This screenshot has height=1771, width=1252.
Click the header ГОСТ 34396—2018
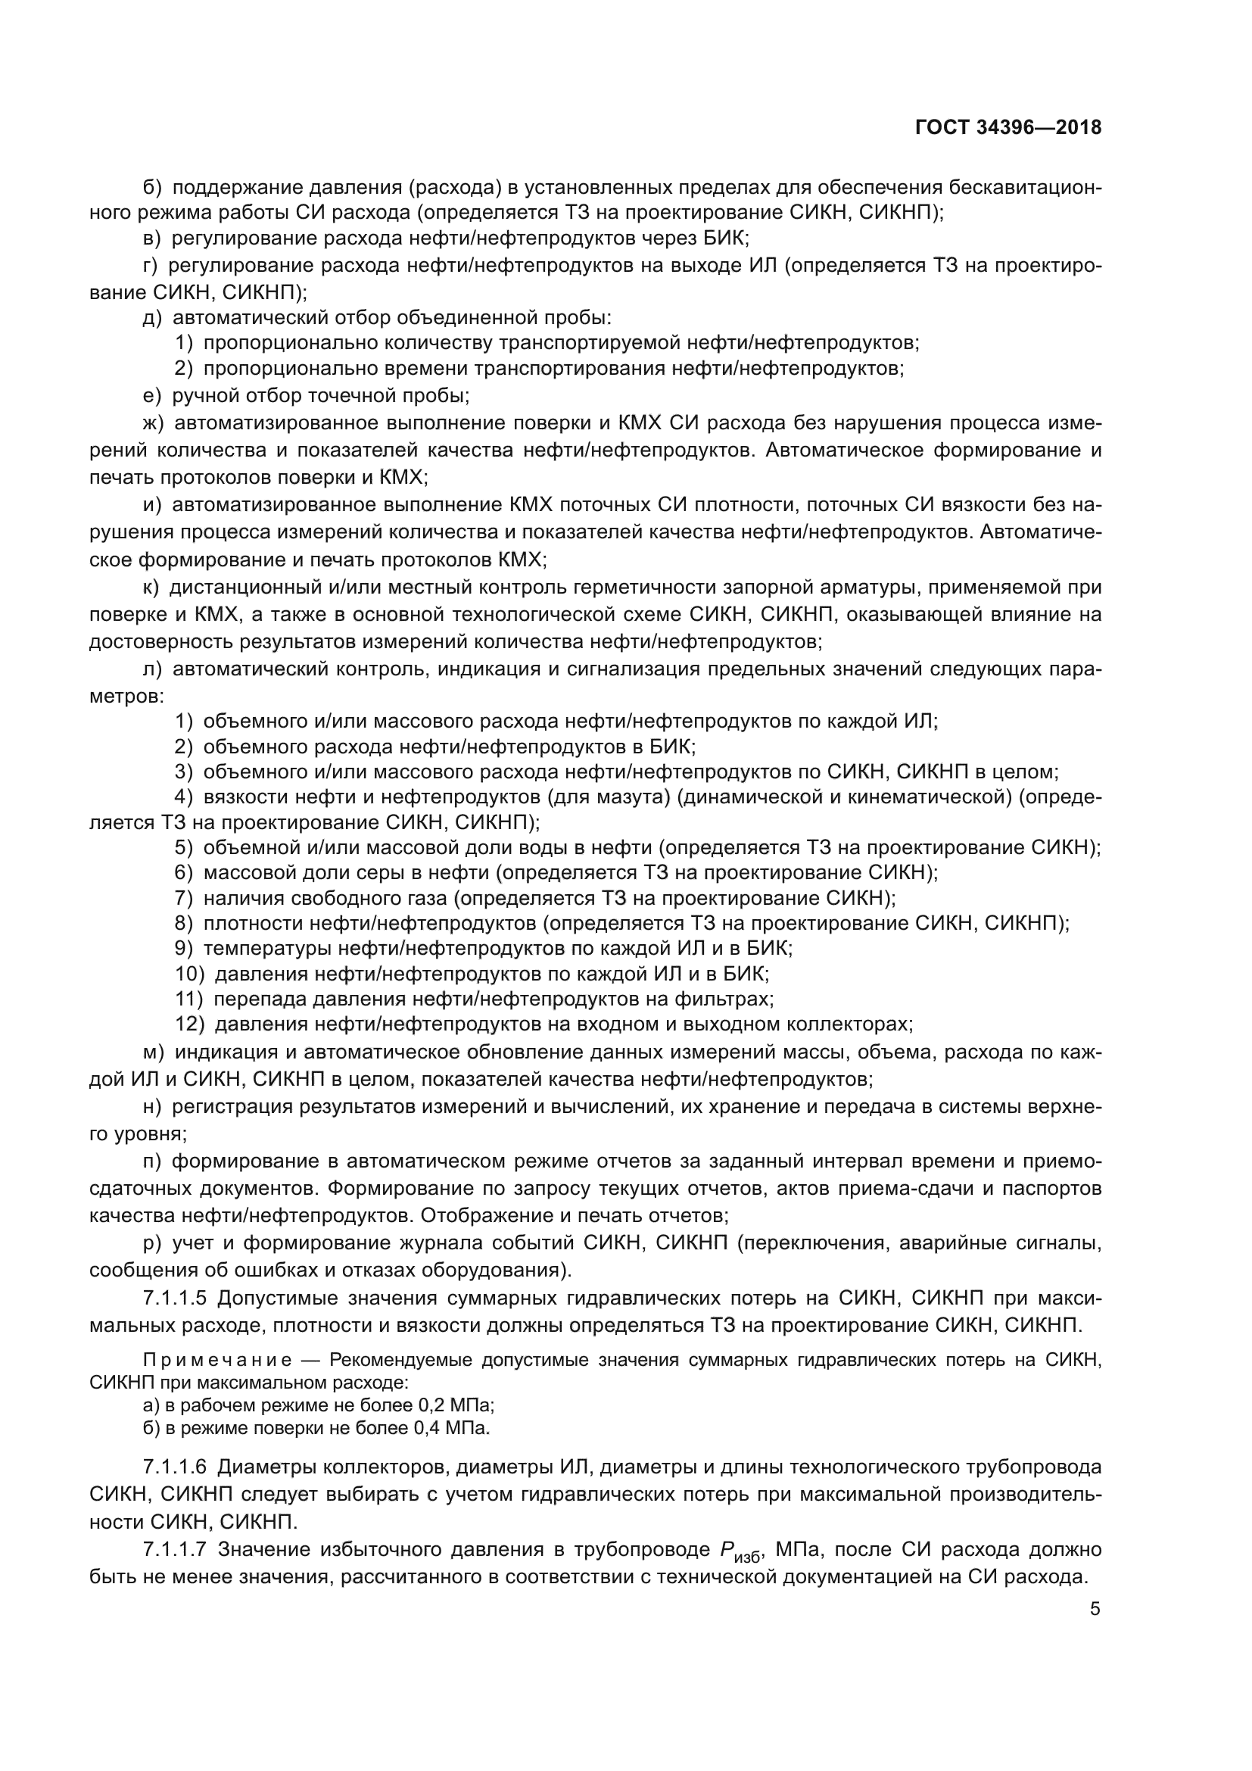point(1008,128)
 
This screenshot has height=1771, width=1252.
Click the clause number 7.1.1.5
point(175,1299)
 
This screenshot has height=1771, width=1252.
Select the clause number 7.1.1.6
point(175,1467)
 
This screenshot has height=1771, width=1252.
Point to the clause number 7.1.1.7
point(175,1550)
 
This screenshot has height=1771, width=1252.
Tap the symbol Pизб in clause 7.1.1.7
point(739,1551)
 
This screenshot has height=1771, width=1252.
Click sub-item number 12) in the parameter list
point(190,1024)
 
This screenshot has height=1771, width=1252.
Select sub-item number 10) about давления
point(190,974)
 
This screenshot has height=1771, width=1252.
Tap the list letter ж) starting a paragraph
point(154,422)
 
